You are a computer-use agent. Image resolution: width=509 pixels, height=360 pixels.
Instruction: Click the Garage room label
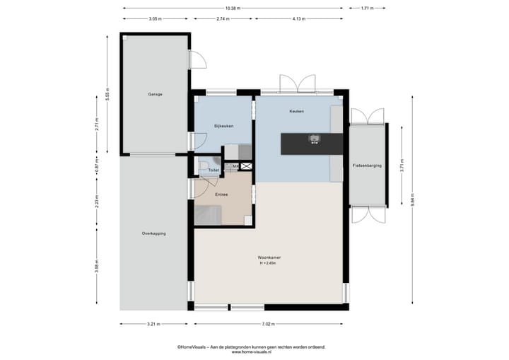[x=155, y=94]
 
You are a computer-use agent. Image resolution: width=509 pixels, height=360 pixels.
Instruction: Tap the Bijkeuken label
[x=223, y=126]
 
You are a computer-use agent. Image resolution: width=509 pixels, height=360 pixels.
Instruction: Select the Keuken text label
[x=296, y=112]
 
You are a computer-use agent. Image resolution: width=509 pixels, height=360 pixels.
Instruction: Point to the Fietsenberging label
[x=367, y=165]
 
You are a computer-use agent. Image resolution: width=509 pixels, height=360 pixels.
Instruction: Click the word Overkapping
[x=153, y=233]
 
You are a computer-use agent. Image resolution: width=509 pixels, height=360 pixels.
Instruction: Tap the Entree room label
[x=222, y=193]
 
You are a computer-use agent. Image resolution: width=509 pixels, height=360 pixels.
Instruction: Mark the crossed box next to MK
[x=246, y=166]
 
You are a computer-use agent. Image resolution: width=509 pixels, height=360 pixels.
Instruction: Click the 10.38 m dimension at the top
[x=233, y=8]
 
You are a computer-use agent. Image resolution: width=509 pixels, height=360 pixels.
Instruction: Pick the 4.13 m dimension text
[x=299, y=19]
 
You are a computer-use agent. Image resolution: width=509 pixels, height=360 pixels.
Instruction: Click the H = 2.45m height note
[x=269, y=263]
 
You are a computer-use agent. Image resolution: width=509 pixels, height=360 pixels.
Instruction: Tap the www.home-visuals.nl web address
[x=251, y=352]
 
